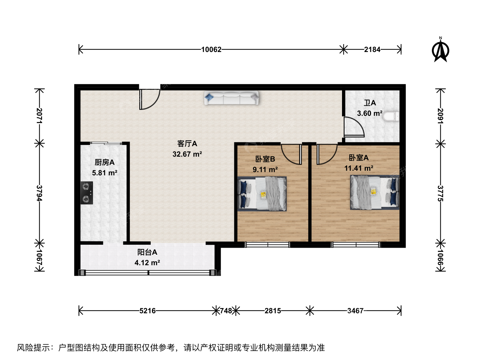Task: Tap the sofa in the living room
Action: click(x=231, y=98)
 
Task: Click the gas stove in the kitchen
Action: click(x=87, y=193)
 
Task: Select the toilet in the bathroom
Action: click(x=391, y=116)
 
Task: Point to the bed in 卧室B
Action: click(x=262, y=194)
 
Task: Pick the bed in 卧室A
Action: click(x=375, y=192)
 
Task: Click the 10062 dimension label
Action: click(x=211, y=50)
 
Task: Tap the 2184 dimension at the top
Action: click(x=372, y=50)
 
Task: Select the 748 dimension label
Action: click(x=226, y=311)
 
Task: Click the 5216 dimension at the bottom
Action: click(x=147, y=311)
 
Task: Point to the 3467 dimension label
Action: click(x=355, y=311)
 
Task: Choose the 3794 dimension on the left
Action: click(x=40, y=193)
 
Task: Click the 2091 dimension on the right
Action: click(x=440, y=116)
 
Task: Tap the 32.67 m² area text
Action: click(x=187, y=154)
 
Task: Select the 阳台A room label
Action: click(x=147, y=252)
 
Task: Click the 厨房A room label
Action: click(x=105, y=162)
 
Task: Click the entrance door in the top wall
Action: click(x=150, y=99)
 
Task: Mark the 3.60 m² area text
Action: click(x=370, y=113)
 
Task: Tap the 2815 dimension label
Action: click(x=273, y=311)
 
